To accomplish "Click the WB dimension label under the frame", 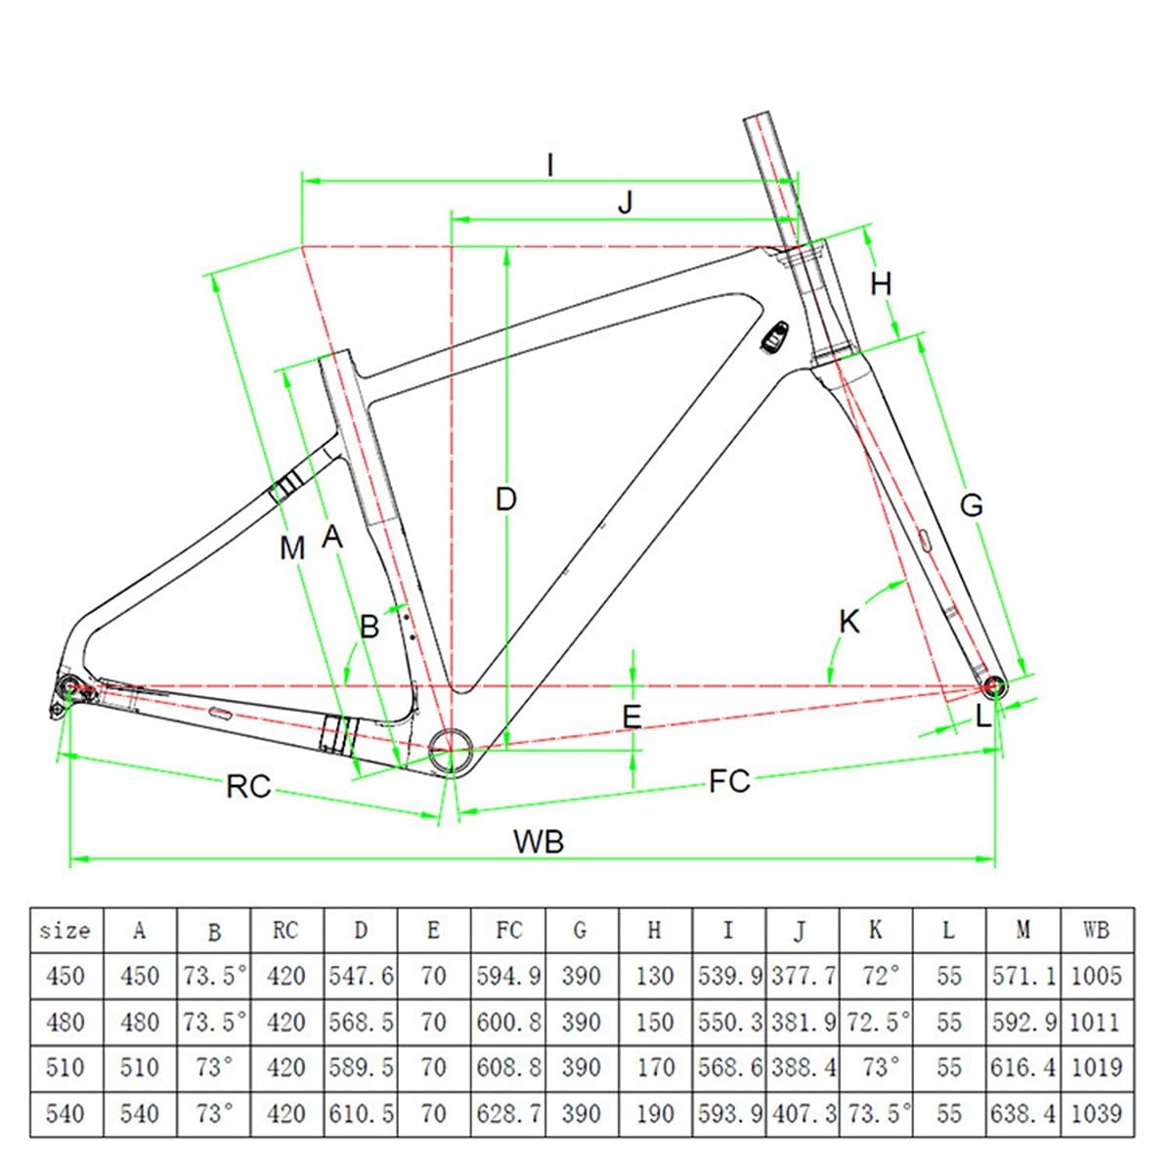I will click(539, 841).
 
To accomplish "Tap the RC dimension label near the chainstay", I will click(247, 786).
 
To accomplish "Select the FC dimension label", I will click(729, 781).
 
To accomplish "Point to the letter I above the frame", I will click(550, 165).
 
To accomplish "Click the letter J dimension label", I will click(626, 202).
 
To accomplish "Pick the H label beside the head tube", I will click(881, 284).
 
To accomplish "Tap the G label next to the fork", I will click(971, 505).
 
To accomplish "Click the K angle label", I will click(849, 621).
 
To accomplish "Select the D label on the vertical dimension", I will click(505, 500).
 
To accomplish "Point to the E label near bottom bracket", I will click(632, 717).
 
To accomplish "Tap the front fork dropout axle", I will click(994, 686).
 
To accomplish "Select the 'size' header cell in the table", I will click(65, 931).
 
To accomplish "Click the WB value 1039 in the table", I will click(1096, 1112).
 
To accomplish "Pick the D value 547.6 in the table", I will click(361, 976).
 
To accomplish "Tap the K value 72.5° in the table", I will click(876, 1022).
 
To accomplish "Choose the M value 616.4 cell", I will click(1023, 1067).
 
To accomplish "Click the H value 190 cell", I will click(655, 1112).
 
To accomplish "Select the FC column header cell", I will click(508, 931).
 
